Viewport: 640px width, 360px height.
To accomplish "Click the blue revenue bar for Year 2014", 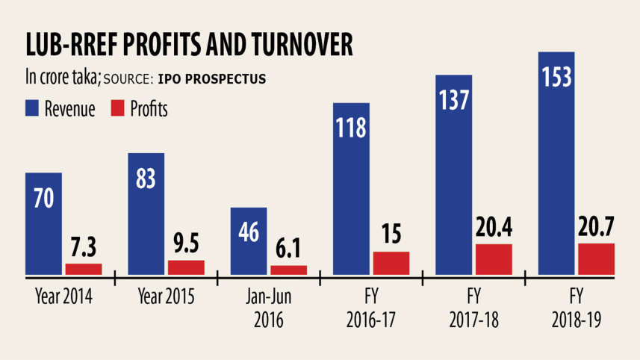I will (x=43, y=224).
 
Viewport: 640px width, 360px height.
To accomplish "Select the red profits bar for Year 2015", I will (x=186, y=267).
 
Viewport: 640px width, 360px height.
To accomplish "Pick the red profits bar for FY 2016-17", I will (x=391, y=263).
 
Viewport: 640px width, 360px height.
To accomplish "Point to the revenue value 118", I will (x=351, y=128).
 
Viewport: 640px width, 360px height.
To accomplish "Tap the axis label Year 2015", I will (x=166, y=297).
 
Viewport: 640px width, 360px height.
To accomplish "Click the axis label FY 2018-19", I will (x=577, y=308).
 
